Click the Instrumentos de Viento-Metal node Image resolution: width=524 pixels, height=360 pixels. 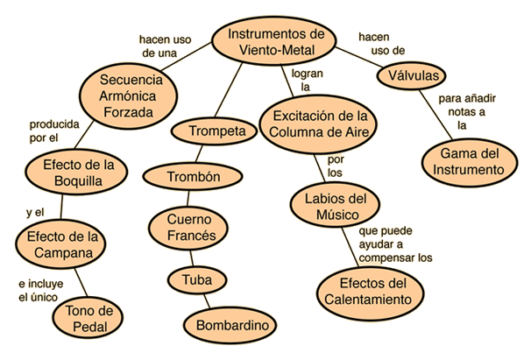coord(274,41)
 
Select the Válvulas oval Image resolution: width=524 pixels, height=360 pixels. coord(411,76)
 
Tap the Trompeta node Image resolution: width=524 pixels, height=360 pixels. coord(214,131)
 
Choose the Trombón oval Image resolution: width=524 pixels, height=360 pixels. coord(193,177)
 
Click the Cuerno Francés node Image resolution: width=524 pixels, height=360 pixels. coord(188,228)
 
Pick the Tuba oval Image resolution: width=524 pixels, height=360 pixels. coord(197,279)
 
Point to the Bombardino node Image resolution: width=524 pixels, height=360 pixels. coord(230,325)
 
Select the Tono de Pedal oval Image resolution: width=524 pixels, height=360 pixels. coord(88,317)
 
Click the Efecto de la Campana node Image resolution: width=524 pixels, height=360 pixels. coord(60,244)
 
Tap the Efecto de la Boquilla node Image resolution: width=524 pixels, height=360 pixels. coord(76,172)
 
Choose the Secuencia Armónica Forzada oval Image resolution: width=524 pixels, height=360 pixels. coord(129,96)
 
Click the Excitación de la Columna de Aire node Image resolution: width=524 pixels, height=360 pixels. coord(318,124)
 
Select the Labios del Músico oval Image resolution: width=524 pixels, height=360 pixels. coord(336,205)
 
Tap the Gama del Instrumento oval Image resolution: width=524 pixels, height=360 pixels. coord(470,163)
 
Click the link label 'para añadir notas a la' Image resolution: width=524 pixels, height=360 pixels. coord(467,112)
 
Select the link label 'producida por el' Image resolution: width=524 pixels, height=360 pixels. coord(54,131)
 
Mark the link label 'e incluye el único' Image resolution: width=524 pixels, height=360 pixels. coord(41,290)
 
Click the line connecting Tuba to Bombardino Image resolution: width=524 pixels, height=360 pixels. coord(207,301)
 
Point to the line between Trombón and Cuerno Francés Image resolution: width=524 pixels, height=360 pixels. coord(188,199)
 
